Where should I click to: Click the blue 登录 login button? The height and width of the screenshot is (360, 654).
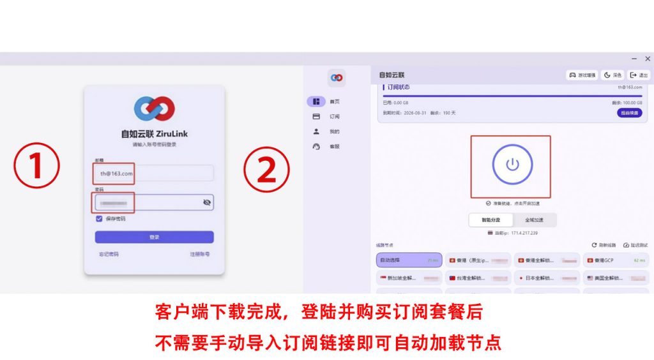click(154, 237)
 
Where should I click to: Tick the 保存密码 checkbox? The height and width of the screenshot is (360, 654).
click(99, 218)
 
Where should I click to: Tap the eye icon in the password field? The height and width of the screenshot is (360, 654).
click(207, 202)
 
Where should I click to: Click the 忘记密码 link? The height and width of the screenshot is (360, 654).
click(108, 254)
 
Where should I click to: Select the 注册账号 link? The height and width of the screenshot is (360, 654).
click(199, 254)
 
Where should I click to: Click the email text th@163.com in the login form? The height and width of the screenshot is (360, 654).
click(116, 173)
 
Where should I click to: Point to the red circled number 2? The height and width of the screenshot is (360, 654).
click(266, 169)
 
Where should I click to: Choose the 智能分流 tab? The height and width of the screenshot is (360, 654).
click(490, 220)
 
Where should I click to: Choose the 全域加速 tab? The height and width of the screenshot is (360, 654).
click(534, 220)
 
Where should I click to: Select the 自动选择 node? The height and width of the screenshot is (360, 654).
click(409, 260)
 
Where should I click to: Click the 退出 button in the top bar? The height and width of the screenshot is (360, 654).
click(639, 75)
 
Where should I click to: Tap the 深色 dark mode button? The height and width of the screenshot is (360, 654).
click(612, 75)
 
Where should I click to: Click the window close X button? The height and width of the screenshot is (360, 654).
click(648, 59)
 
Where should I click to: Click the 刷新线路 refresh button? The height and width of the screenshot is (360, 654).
click(604, 245)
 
